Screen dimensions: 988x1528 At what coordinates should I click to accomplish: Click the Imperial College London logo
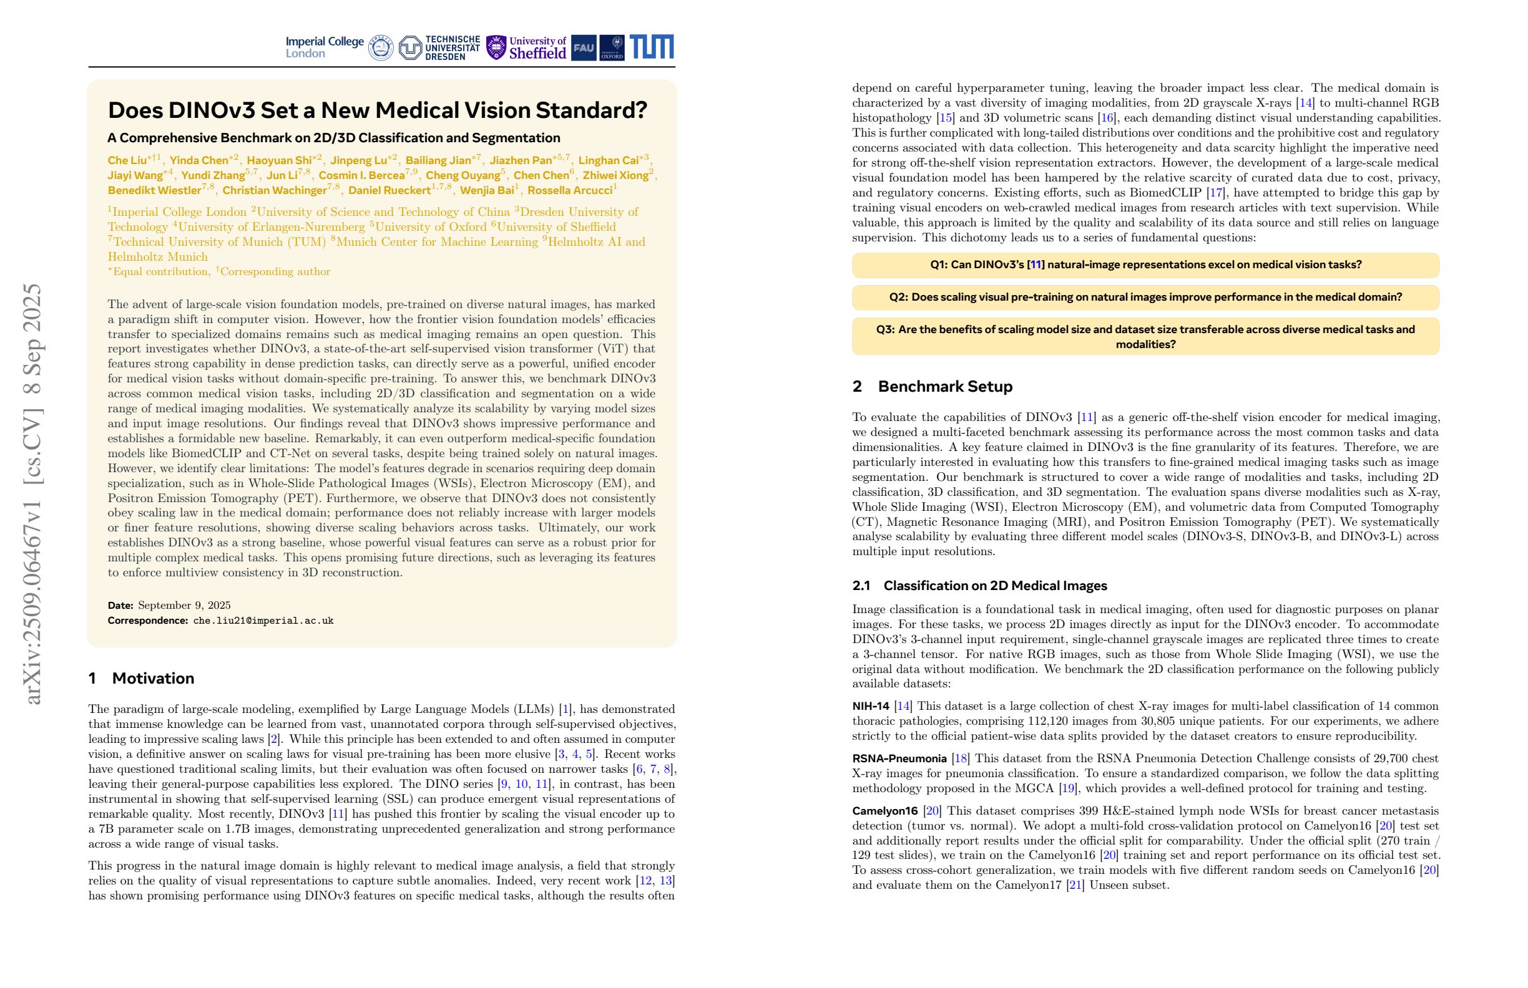point(324,47)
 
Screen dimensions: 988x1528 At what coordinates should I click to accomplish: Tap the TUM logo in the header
point(652,47)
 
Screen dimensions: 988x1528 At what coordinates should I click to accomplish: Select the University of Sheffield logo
point(526,47)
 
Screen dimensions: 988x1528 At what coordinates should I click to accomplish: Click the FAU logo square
point(583,47)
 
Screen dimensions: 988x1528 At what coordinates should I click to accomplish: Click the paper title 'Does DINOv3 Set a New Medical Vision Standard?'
point(378,110)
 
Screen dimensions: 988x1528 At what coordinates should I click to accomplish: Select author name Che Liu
point(127,160)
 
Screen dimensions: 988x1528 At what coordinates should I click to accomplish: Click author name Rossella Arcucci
point(569,190)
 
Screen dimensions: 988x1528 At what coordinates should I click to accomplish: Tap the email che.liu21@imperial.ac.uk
point(263,621)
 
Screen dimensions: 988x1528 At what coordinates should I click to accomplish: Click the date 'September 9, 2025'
point(184,605)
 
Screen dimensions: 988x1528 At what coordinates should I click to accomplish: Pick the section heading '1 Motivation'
point(141,678)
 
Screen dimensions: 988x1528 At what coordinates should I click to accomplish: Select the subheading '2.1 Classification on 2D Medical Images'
point(979,585)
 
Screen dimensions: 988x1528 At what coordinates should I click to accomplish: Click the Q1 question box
point(1145,265)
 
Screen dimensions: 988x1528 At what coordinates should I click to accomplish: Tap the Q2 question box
point(1145,297)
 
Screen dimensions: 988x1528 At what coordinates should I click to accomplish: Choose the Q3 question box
point(1145,336)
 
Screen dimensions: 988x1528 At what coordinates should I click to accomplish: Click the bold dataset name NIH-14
point(871,705)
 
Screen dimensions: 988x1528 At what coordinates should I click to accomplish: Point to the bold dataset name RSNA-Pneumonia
point(899,758)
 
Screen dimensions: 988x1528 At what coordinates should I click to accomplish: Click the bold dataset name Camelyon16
point(884,811)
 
